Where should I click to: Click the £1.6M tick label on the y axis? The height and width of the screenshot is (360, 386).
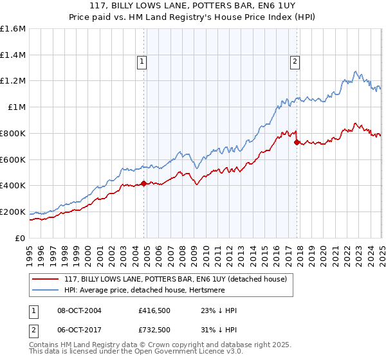pos(13,29)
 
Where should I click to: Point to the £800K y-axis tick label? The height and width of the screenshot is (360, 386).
pos(13,133)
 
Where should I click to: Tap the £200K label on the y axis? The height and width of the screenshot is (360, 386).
pos(13,212)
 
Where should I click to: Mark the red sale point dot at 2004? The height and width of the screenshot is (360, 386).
pos(143,183)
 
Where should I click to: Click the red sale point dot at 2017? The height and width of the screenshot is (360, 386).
pos(297,142)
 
